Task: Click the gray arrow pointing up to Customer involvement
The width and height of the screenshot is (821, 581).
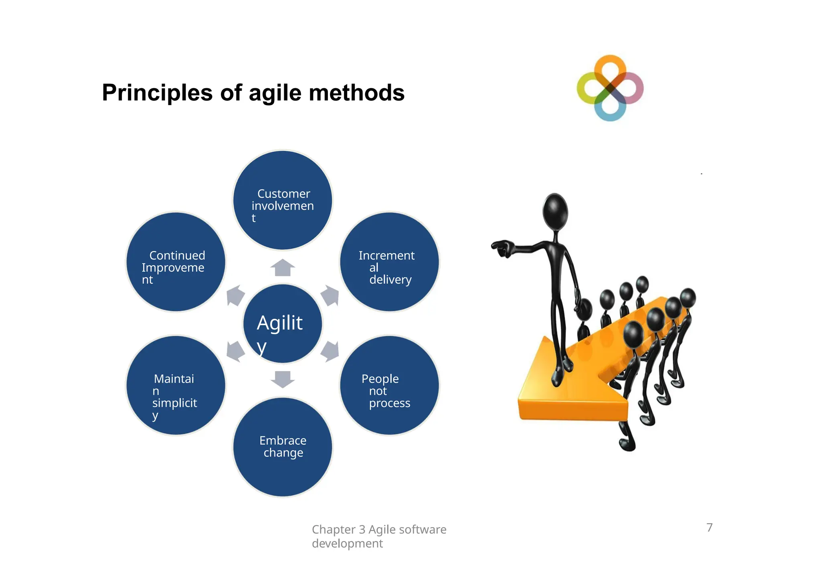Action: (283, 268)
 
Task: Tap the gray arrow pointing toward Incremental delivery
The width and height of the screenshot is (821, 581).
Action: (330, 296)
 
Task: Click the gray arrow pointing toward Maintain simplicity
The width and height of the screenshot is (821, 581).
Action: (235, 351)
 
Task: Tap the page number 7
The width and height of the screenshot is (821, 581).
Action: (709, 527)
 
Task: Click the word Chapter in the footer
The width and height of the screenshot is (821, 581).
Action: (333, 530)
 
